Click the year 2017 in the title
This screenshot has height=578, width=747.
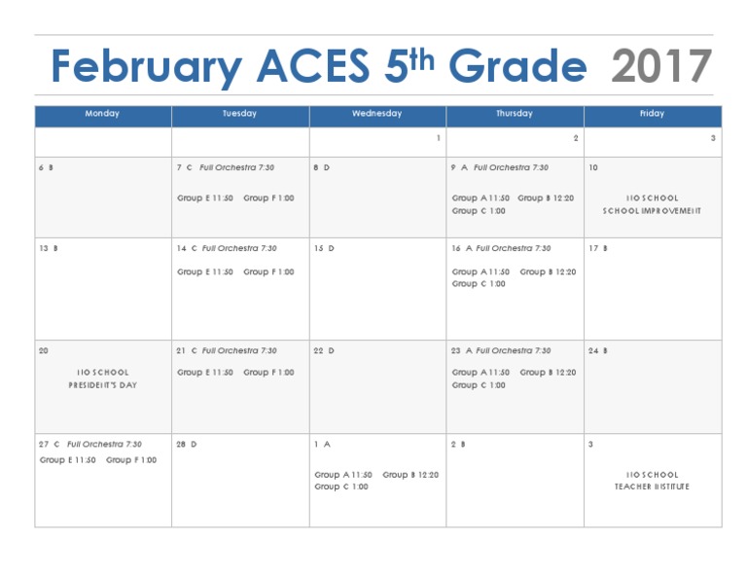(x=661, y=67)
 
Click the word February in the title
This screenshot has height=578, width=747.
(x=146, y=68)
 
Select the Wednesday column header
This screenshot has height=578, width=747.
(x=376, y=114)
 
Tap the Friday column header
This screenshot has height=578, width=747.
(x=652, y=114)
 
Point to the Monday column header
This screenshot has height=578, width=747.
(x=102, y=114)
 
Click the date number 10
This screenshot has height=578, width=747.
(x=593, y=167)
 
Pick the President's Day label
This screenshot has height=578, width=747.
(x=103, y=384)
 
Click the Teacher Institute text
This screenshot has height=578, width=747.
(x=652, y=487)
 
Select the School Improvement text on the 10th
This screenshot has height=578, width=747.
(x=652, y=210)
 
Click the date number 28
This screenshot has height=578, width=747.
(x=181, y=444)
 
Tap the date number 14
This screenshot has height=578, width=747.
(x=181, y=248)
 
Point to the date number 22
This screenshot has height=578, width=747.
(x=318, y=350)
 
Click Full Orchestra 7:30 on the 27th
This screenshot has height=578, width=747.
(x=104, y=444)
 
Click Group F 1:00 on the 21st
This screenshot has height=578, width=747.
(x=268, y=372)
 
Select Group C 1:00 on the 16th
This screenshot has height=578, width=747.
(x=479, y=284)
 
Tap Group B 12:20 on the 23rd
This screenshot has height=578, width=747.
(x=548, y=372)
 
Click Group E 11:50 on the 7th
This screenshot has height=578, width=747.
(x=205, y=198)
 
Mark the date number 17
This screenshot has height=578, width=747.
(x=593, y=248)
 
